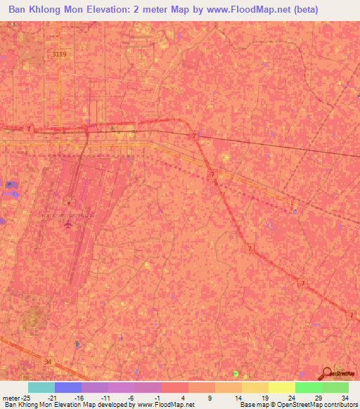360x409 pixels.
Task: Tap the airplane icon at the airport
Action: [68, 225]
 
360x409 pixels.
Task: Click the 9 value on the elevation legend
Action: [190, 397]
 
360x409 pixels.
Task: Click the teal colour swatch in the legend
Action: [41, 387]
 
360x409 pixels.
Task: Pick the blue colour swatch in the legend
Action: [68, 387]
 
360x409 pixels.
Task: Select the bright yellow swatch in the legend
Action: [282, 387]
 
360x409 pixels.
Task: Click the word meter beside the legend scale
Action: [11, 397]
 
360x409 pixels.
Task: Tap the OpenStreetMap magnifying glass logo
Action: [327, 373]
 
